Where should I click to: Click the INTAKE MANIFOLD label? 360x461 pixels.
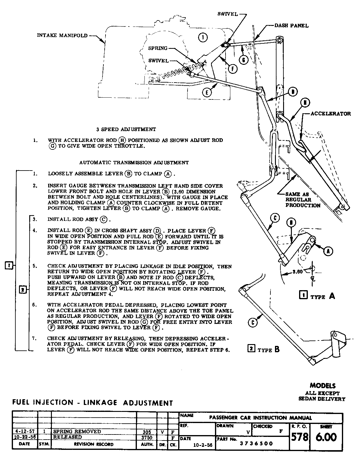pos(62,35)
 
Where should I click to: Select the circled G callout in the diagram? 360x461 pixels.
pos(244,60)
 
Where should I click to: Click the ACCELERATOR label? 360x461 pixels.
pos(331,114)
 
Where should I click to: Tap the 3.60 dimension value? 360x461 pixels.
pos(297,271)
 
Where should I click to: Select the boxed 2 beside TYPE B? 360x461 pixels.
pos(251,348)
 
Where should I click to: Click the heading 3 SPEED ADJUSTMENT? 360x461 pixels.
pos(126,129)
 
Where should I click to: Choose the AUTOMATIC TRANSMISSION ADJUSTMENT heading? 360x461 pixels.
pos(134,162)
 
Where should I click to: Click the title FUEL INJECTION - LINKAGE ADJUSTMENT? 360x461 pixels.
pos(93,403)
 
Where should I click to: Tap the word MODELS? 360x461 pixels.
pos(322,386)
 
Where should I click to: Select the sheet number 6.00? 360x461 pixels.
pos(326,437)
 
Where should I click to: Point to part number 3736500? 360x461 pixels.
pos(256,443)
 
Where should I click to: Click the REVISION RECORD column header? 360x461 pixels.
pos(94,444)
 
